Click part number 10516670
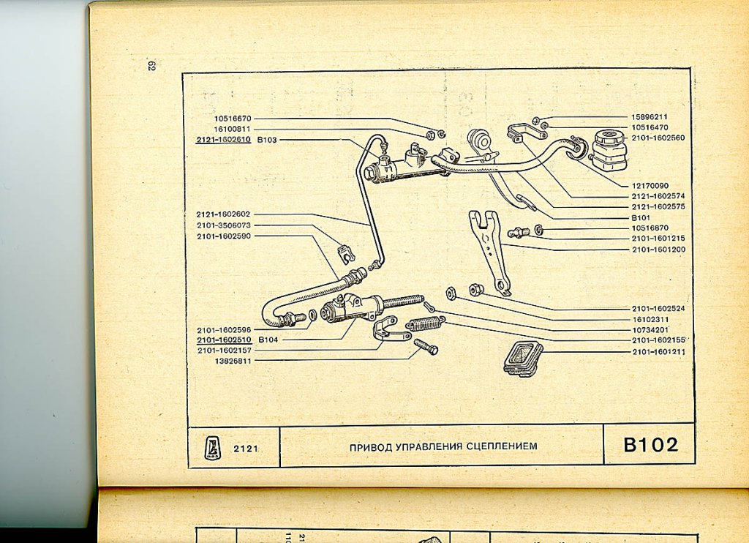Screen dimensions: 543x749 (233, 119)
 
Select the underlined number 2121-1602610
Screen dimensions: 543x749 (223, 139)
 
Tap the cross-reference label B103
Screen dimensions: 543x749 (267, 139)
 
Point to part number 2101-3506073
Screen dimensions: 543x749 (223, 225)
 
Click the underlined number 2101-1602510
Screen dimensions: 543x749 (223, 340)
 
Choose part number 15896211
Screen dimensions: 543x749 (650, 116)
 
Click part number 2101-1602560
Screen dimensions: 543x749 (658, 137)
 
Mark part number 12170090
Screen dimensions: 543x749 (650, 186)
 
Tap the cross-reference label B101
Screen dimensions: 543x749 (640, 217)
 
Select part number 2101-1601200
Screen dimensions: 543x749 (658, 249)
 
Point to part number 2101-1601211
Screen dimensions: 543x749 (658, 351)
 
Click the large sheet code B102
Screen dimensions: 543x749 (650, 445)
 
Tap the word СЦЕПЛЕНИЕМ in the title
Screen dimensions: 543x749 (496, 446)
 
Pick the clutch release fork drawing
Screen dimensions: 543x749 (490, 249)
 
